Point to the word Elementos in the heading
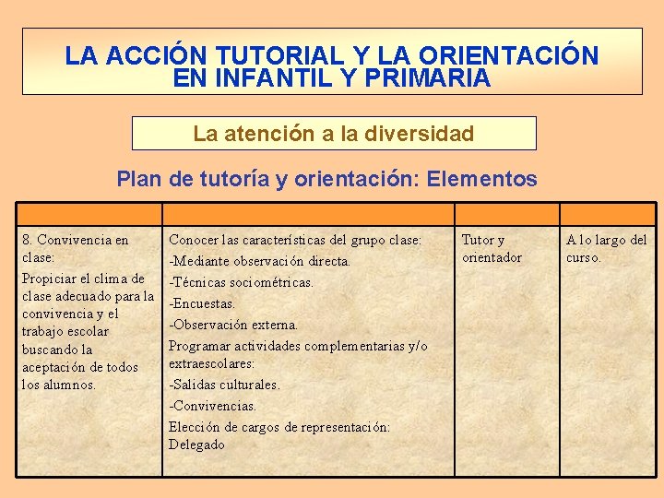489,179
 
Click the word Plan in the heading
139,179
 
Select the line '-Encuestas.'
202,303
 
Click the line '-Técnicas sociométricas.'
241,282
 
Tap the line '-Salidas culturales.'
224,385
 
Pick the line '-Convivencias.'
212,406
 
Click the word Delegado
196,445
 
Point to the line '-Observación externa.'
232,325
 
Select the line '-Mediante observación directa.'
259,261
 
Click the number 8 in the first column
26,240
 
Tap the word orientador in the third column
492,257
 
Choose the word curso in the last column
582,257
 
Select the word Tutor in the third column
477,240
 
